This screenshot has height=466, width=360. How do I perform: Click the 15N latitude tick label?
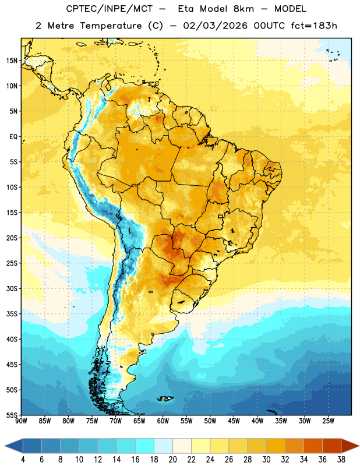click(12, 61)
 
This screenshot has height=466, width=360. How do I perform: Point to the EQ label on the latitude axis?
click(13, 137)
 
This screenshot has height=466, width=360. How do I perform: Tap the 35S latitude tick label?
click(12, 314)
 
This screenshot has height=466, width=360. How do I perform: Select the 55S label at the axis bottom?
click(12, 415)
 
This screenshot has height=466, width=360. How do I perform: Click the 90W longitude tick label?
click(21, 421)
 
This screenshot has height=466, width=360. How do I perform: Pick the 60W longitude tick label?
click(163, 421)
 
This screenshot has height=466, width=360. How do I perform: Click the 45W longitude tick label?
click(234, 421)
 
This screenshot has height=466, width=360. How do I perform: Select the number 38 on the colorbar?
click(341, 460)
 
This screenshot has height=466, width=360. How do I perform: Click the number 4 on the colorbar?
click(23, 460)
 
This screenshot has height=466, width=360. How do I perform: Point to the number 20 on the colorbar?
click(172, 460)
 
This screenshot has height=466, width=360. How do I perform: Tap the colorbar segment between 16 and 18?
click(144, 446)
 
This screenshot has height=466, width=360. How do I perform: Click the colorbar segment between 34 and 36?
click(313, 446)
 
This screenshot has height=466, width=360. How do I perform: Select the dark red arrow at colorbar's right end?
click(349, 446)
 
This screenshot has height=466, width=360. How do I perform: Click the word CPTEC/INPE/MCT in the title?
click(110, 9)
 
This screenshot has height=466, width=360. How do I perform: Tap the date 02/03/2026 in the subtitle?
click(215, 26)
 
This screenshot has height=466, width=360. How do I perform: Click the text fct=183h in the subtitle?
click(314, 26)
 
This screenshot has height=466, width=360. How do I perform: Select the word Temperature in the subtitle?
click(111, 26)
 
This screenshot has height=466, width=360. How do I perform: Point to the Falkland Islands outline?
click(165, 398)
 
